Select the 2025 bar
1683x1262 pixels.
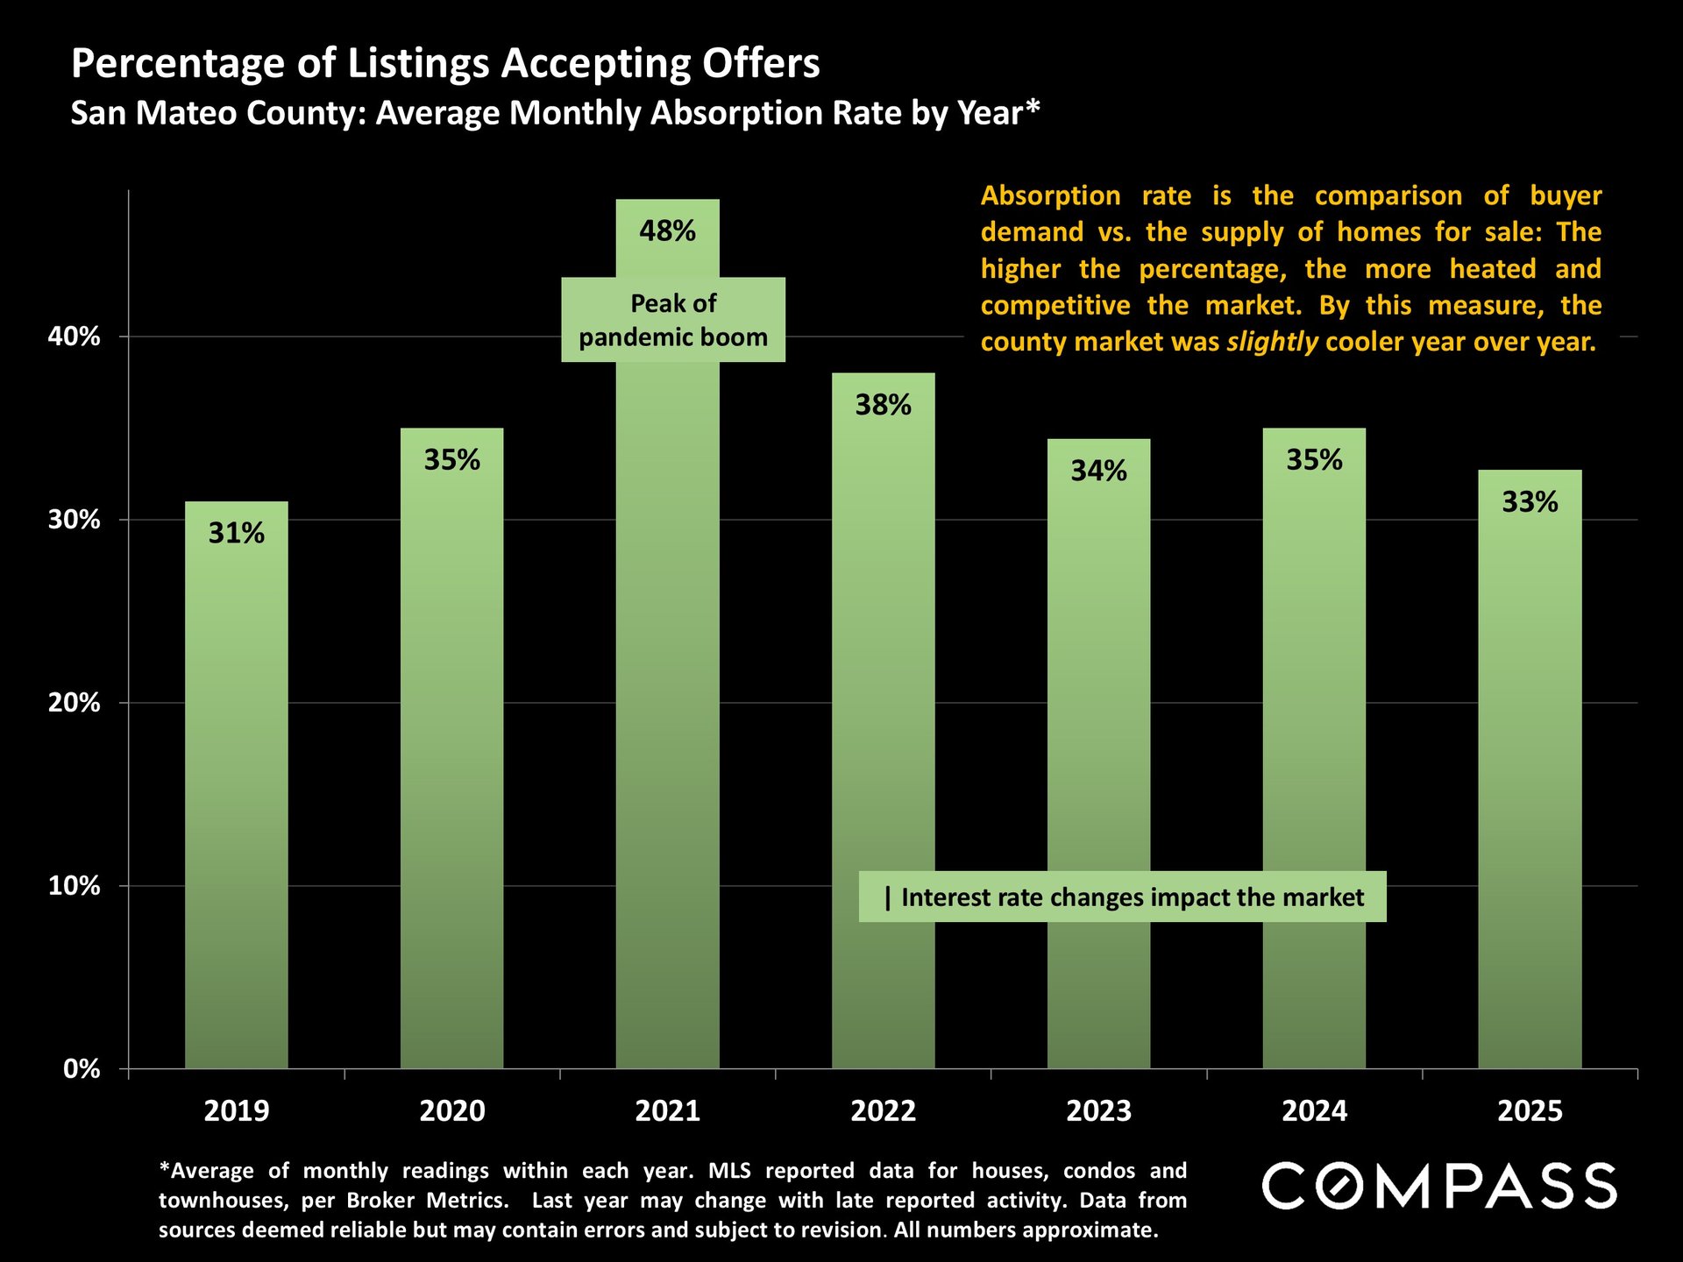[x=1530, y=789]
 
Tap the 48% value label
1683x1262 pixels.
[x=667, y=231]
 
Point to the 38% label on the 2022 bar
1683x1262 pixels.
[x=883, y=405]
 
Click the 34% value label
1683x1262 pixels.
[x=1098, y=471]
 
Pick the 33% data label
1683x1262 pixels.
[x=1530, y=502]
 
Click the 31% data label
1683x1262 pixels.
[x=236, y=533]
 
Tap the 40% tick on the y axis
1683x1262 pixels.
[x=74, y=337]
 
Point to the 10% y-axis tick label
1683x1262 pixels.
[x=74, y=886]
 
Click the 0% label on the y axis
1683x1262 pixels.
[x=81, y=1069]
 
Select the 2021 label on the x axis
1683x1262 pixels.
[x=667, y=1111]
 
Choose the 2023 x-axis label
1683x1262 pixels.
[x=1098, y=1111]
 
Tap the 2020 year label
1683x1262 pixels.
[x=451, y=1111]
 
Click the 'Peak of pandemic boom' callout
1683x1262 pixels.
[x=673, y=320]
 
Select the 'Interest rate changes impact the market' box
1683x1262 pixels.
[x=1122, y=897]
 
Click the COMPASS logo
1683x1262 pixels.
[x=1439, y=1187]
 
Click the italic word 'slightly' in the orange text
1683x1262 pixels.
[x=1271, y=342]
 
